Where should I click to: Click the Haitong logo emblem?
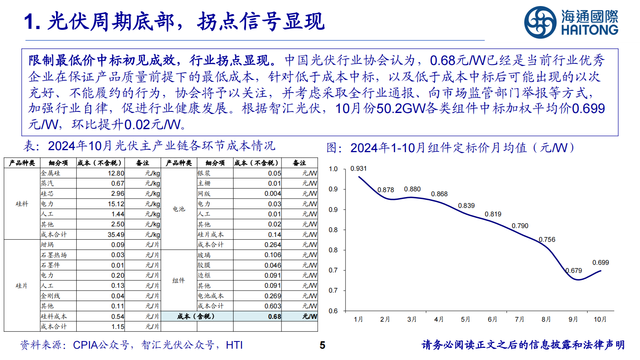coord(540,22)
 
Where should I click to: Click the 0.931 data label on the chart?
coord(358,168)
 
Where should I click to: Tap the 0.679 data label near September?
coord(573,270)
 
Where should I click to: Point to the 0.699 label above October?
coord(600,262)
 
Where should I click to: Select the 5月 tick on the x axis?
coord(465,319)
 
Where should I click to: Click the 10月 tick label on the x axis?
coord(600,319)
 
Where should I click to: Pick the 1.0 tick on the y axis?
coord(333,169)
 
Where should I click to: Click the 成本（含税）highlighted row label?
coord(197,316)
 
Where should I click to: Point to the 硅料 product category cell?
coord(22,204)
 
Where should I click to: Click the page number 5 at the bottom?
coord(322,345)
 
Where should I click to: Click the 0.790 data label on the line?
coord(520,226)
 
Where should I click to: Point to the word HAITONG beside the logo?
coord(589,30)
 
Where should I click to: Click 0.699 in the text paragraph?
coord(588,108)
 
